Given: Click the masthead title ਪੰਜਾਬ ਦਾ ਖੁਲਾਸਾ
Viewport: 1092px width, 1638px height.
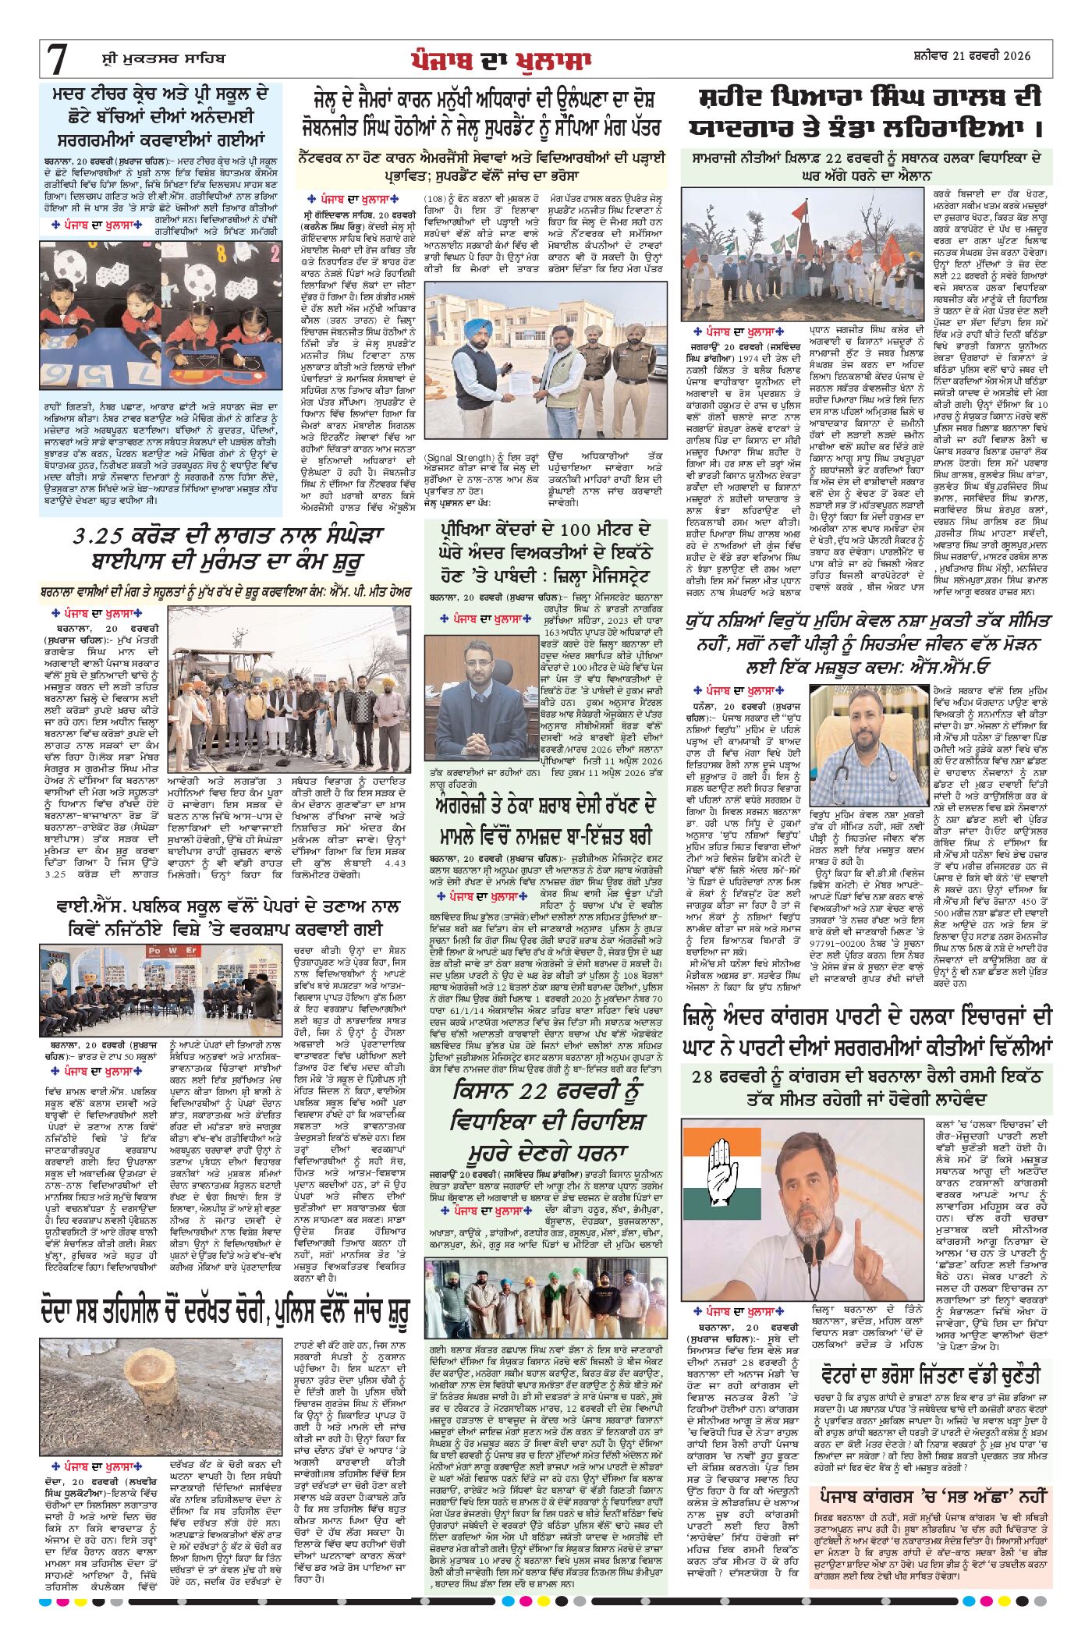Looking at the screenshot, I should pos(502,59).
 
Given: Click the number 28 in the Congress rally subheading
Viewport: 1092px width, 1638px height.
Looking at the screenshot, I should pos(704,1077).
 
